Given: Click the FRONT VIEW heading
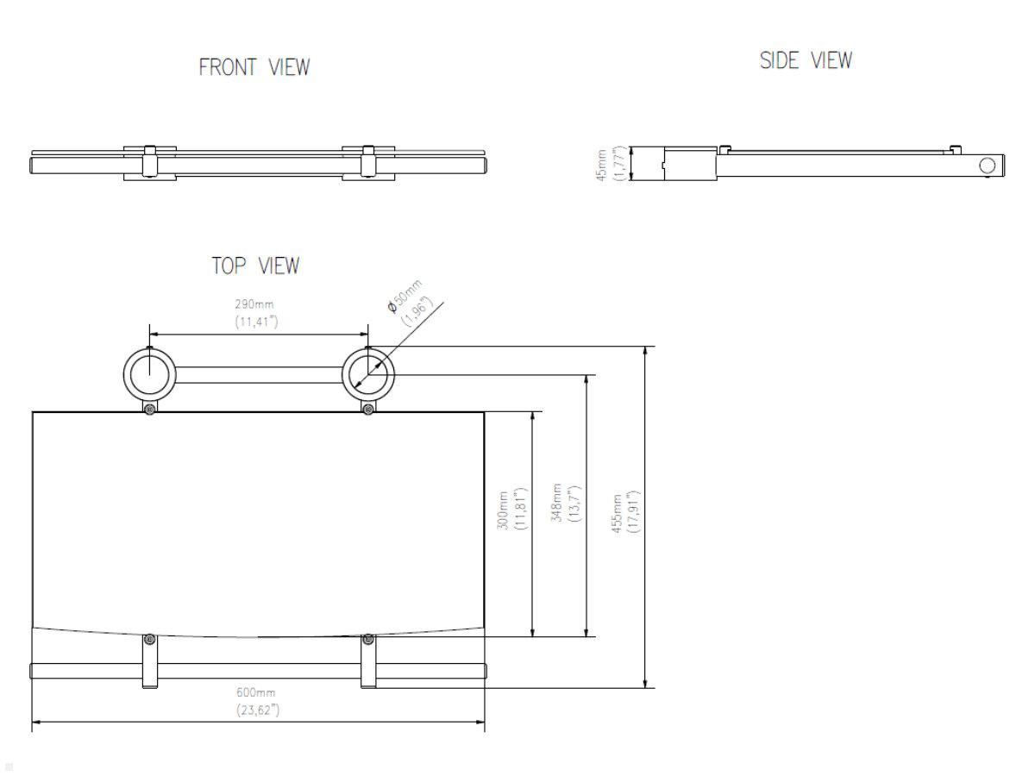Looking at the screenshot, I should click(254, 67).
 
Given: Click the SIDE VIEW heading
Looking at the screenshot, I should click(806, 60).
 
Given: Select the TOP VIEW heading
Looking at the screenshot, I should click(256, 266).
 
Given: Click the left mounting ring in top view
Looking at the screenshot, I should click(149, 374).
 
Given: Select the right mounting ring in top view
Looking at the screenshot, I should click(368, 374).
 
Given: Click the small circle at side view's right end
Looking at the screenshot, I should click(988, 165).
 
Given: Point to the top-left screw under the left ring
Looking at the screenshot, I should click(149, 408).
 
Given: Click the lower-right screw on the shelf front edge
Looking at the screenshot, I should click(368, 639).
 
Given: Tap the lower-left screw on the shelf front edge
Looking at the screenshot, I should click(149, 639).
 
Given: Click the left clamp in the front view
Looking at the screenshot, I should click(149, 162).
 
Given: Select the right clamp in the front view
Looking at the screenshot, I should click(368, 162).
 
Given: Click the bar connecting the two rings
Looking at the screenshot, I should click(259, 374).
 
